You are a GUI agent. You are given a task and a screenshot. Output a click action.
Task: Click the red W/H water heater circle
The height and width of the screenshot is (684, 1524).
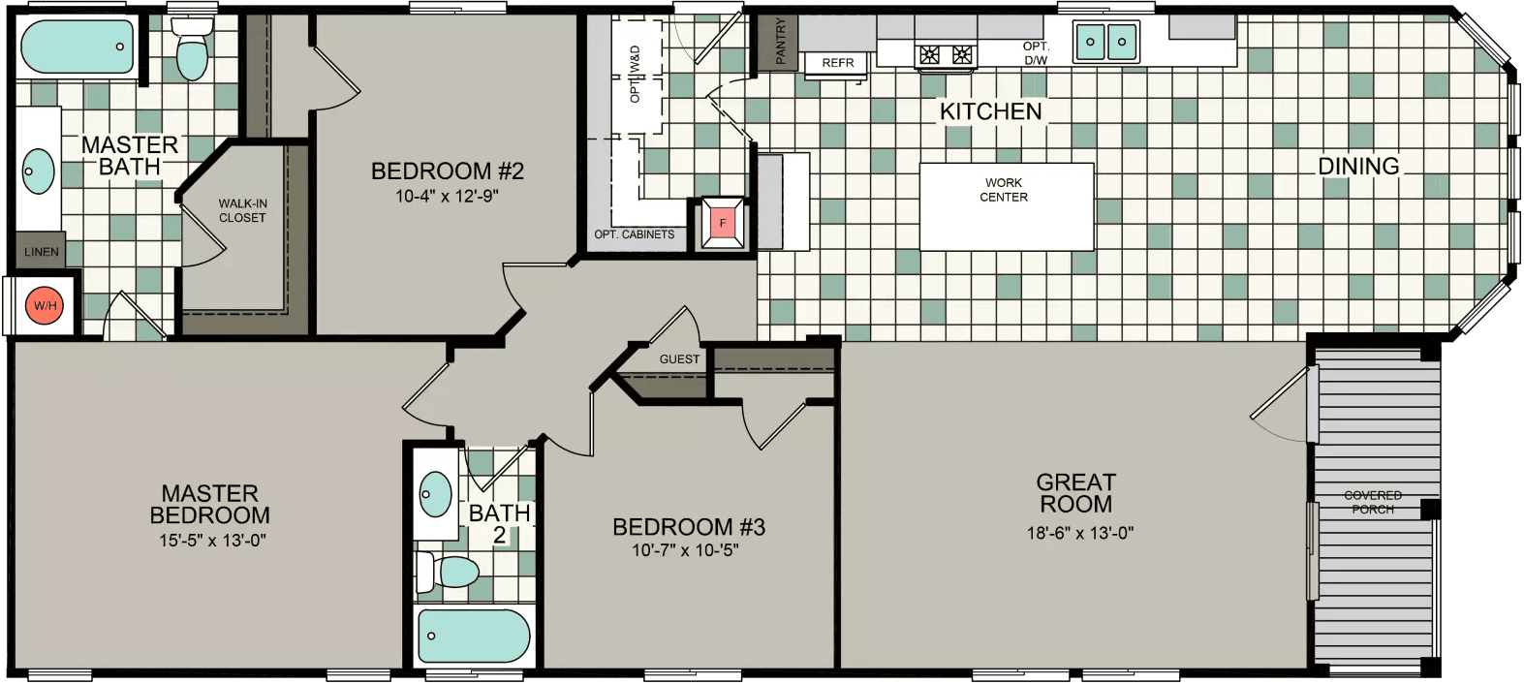[45, 306]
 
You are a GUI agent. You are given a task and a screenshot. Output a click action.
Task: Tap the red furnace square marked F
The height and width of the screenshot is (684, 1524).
[722, 224]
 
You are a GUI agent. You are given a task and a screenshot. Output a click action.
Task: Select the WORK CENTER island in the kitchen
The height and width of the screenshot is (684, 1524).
[1006, 205]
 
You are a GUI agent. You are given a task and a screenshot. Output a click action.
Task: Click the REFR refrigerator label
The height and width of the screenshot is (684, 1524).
[838, 63]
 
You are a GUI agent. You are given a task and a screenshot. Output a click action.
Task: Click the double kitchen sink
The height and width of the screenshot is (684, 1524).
[1105, 42]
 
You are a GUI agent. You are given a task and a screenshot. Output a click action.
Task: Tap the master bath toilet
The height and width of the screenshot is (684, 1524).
[192, 52]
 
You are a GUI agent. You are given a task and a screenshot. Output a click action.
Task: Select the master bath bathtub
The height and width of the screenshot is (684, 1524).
[77, 47]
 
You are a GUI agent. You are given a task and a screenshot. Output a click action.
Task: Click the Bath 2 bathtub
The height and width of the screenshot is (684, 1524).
[473, 637]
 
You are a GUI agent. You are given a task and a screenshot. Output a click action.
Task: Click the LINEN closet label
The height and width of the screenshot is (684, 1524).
[41, 252]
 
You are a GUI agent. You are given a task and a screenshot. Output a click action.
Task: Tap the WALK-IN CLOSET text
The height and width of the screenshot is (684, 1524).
[242, 211]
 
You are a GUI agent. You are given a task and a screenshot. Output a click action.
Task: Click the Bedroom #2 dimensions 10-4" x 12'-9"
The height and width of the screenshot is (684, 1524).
[447, 197]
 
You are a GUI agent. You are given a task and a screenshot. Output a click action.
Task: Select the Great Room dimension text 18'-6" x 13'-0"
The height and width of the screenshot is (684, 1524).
[1079, 533]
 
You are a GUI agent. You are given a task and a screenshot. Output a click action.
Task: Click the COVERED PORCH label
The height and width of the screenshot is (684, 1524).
[1372, 502]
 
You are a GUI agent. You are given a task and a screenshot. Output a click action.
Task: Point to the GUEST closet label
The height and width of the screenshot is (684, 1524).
[679, 359]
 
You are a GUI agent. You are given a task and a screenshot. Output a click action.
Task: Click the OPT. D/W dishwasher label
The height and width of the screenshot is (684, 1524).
[1036, 53]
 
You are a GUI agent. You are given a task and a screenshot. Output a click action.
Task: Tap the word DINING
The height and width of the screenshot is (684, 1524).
[1358, 167]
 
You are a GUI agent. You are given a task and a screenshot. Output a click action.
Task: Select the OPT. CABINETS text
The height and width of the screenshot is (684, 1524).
[634, 234]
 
